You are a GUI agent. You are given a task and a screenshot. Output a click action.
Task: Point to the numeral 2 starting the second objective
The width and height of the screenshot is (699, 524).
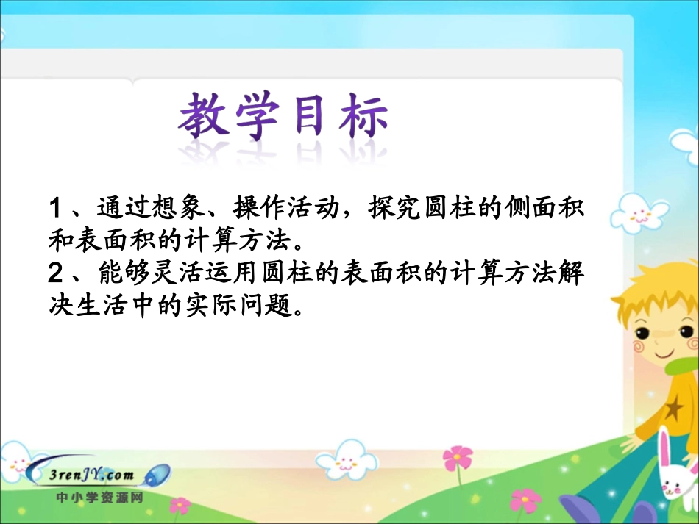click(54, 274)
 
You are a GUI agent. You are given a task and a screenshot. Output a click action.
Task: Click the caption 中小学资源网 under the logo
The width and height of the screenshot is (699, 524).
click(99, 497)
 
